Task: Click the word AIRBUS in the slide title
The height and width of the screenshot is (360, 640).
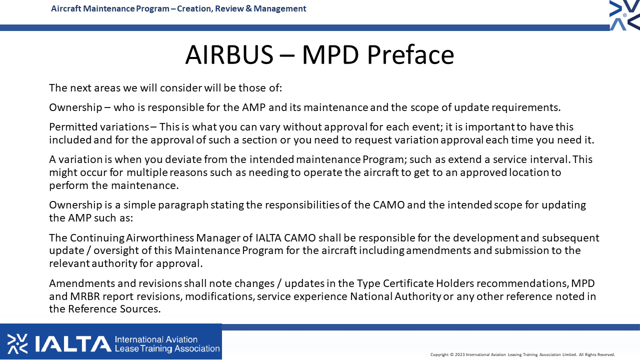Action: click(x=229, y=54)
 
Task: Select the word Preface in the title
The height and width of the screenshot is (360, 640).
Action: click(x=410, y=54)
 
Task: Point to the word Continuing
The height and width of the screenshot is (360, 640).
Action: click(x=97, y=238)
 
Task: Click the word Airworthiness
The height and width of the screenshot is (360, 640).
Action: click(x=160, y=237)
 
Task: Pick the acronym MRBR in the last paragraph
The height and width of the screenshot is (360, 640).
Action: click(x=85, y=296)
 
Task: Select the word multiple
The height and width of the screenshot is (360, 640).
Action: click(x=147, y=172)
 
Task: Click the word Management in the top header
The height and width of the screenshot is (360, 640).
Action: click(x=279, y=8)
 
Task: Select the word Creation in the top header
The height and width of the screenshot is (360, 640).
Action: click(x=194, y=8)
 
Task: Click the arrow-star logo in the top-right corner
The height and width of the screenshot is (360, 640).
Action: click(x=625, y=15)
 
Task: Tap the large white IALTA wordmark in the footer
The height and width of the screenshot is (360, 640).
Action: click(x=73, y=343)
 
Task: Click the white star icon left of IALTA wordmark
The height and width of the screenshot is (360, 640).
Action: click(x=17, y=343)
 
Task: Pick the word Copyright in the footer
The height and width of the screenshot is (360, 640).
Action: click(x=439, y=355)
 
